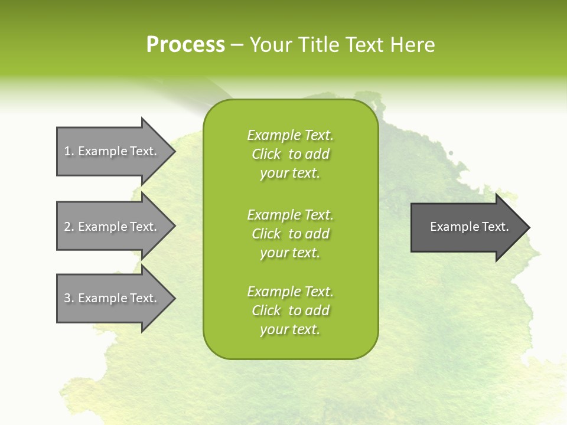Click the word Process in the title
coord(185,45)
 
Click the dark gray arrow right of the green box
coord(467,227)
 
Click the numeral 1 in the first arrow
coord(67,151)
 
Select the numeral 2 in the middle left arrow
coord(67,227)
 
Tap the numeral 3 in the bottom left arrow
coord(67,298)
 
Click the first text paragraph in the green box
coord(290,154)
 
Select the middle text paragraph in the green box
coord(290,234)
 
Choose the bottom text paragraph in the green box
coord(290,310)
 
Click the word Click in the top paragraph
coord(266,155)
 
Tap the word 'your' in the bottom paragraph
coord(273,330)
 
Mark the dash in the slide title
coord(237,45)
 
